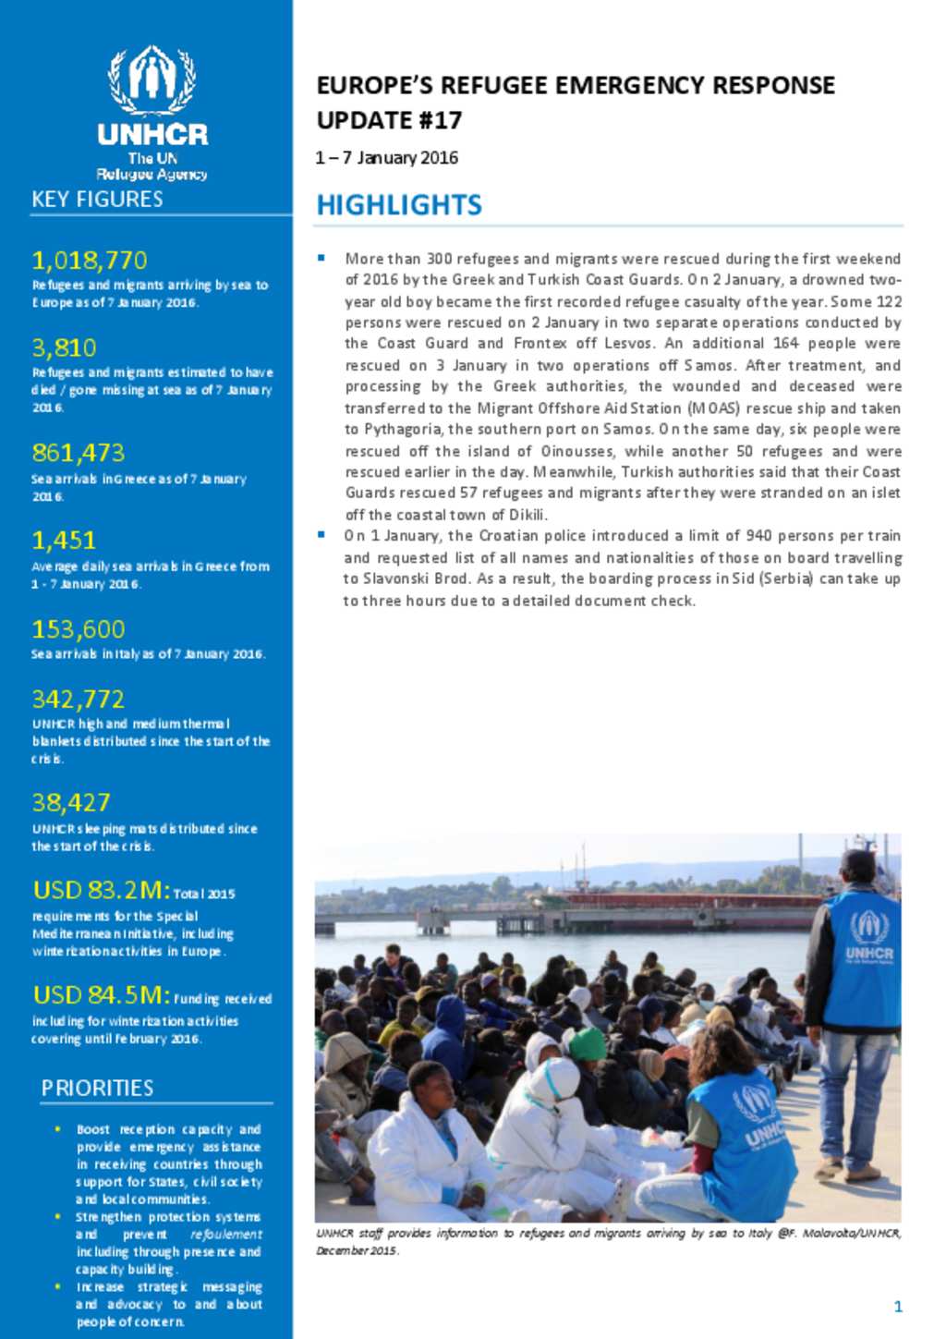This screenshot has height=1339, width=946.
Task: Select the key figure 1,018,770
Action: pos(90,261)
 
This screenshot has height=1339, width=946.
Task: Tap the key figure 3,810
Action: pos(64,348)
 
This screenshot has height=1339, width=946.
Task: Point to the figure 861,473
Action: pos(78,453)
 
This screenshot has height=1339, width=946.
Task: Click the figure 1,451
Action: pos(64,541)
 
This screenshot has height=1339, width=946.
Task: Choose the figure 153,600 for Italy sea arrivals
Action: pos(78,629)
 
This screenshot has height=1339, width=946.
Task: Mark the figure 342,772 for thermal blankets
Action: pos(78,700)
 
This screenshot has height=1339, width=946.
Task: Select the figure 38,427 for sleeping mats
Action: pos(71,803)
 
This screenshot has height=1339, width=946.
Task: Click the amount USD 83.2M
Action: pos(101,890)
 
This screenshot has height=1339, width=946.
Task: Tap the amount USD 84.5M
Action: pos(101,995)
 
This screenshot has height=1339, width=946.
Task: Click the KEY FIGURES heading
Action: pos(97,200)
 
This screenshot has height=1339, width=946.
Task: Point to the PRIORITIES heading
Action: pos(97,1089)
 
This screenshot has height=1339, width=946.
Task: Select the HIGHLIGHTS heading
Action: pos(399,205)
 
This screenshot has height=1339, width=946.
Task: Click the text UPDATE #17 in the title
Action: pos(389,121)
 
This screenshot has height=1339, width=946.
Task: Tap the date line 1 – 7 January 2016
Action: pos(387,158)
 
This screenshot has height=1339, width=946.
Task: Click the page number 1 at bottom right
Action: pos(898,1306)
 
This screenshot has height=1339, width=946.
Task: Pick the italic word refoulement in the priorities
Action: pos(226,1235)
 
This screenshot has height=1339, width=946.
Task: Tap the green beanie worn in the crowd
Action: pos(587,1043)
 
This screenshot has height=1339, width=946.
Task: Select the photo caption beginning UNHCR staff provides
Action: pos(608,1241)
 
